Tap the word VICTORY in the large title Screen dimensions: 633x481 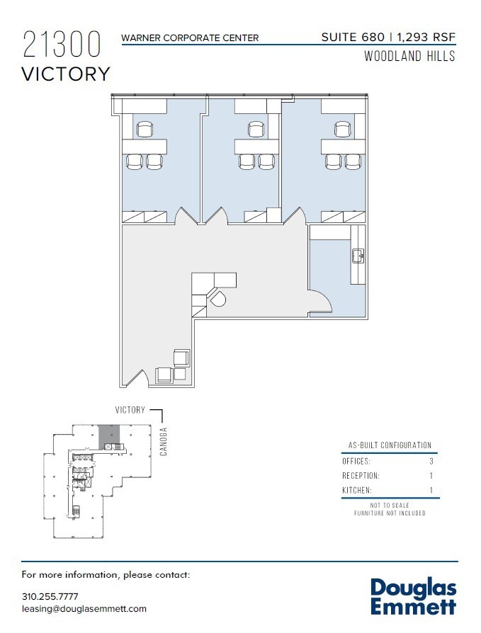[67, 74]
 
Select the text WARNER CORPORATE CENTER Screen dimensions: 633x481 [190, 38]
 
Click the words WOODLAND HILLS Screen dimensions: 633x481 [409, 57]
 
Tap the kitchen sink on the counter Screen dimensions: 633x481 [358, 256]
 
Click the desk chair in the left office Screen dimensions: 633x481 [145, 129]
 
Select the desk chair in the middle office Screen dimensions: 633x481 [256, 129]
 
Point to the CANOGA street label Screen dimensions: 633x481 [164, 440]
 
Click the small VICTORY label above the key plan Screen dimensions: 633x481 [130, 410]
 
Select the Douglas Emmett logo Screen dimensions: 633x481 [414, 597]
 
